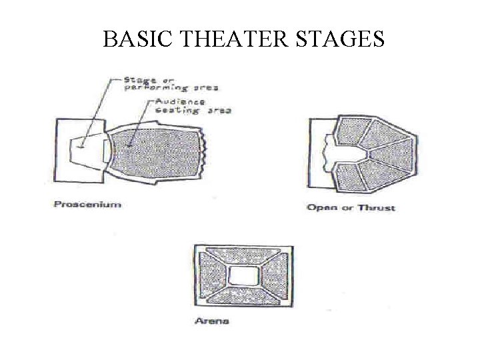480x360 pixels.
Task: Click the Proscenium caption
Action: [x=87, y=204]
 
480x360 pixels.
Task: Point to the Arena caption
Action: [x=211, y=321]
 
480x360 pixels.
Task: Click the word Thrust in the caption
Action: [x=377, y=207]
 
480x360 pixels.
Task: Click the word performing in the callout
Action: [x=155, y=87]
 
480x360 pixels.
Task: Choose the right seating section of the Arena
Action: [x=274, y=275]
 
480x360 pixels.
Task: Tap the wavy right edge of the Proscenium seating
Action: [x=207, y=153]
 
